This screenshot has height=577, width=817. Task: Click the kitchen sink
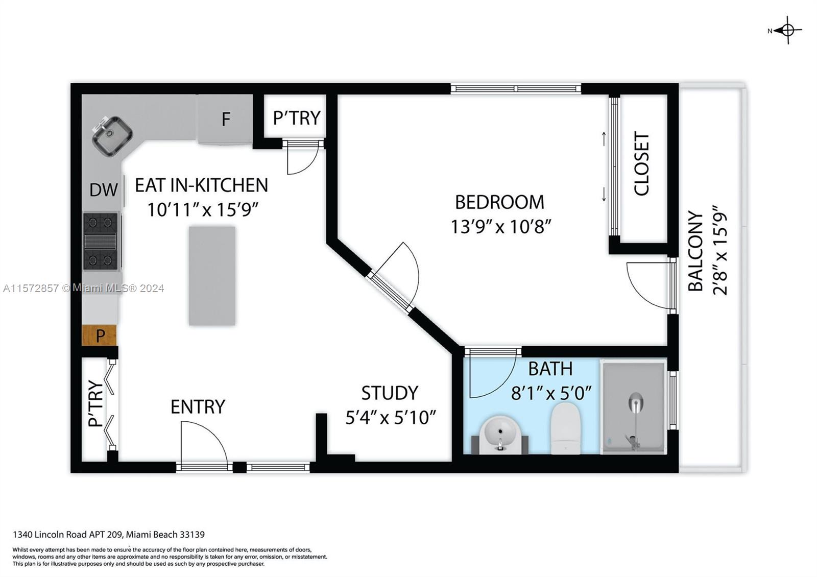pos(112,135)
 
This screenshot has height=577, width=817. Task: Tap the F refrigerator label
pos(226,119)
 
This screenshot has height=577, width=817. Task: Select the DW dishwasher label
pos(104,190)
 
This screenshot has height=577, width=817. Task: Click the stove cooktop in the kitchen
pos(101,241)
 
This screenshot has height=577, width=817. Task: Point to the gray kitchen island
pos(212,276)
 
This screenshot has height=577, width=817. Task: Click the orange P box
pos(100,335)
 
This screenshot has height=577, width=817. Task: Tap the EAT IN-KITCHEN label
pos(201,185)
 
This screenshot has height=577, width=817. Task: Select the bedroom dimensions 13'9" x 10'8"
pos(500,226)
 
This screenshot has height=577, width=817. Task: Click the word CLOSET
pos(641,163)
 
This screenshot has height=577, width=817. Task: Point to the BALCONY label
pos(695,251)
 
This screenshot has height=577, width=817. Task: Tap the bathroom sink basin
pos(500,433)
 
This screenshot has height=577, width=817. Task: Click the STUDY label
pos(390,393)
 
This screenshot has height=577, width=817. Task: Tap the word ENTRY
pos(198,406)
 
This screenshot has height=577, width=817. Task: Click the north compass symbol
pos(787,31)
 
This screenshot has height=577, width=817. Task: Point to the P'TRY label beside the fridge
pos(296,118)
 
